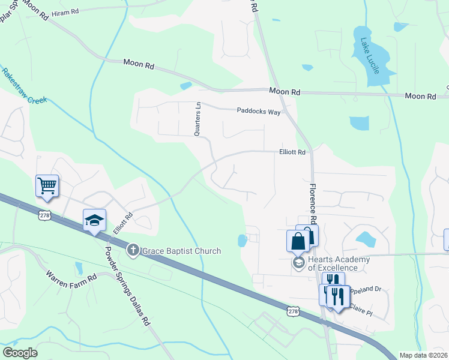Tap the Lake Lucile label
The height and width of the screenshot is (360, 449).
point(370,56)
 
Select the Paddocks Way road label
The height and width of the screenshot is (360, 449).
point(259,111)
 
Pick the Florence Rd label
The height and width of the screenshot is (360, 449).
point(313,197)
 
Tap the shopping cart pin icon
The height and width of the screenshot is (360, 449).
point(47,185)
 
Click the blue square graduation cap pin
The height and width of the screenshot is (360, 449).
point(94,221)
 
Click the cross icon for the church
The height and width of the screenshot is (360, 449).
point(133,250)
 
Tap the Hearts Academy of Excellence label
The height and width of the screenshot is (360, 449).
point(336,263)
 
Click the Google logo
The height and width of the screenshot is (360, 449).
point(20,353)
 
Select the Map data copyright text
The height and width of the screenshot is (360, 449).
point(423,355)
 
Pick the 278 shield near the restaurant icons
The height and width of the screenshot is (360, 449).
point(293,311)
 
